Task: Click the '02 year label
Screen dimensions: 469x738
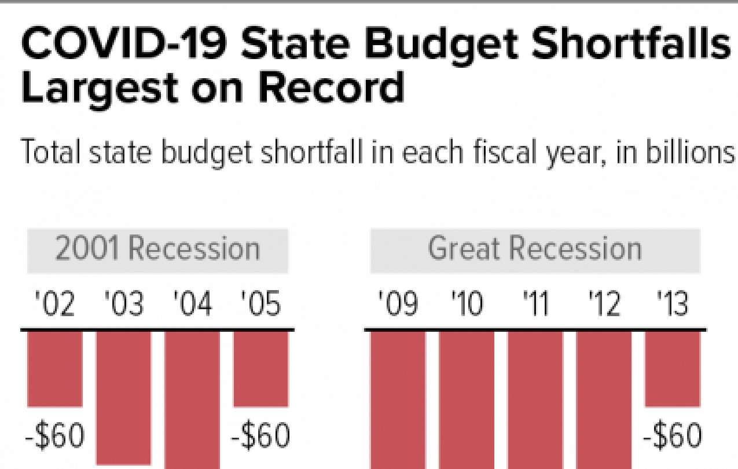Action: coord(55,305)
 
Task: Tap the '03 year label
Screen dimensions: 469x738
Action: coord(124,305)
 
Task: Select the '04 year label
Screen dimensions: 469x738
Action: coord(193,305)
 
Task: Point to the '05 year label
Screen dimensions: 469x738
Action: coord(261,305)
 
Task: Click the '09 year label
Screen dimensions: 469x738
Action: coord(398,305)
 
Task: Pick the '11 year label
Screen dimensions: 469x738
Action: coord(535,305)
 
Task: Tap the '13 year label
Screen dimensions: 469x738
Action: coord(673,305)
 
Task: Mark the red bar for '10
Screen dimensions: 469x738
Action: coord(467,400)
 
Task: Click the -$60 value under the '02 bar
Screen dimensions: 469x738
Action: coord(56,437)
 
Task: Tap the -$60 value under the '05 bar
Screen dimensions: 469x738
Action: coord(260,437)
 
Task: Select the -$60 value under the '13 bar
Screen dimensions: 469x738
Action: coord(673,437)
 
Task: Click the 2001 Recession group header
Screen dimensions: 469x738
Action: coord(157,250)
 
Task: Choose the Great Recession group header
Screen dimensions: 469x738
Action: coord(535,250)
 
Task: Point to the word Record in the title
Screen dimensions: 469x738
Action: coord(331,88)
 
